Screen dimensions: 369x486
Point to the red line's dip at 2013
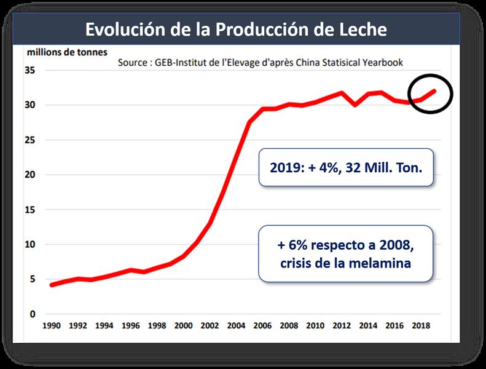coord(356,105)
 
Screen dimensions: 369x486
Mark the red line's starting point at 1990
coord(51,285)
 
